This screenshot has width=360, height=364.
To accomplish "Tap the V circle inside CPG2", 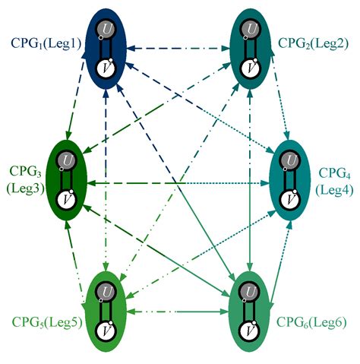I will (x=247, y=69).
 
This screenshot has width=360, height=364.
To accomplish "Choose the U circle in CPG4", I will (x=287, y=162).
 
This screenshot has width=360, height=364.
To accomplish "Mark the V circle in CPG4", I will (x=287, y=198).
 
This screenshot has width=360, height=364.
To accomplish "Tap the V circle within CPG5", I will (x=105, y=331).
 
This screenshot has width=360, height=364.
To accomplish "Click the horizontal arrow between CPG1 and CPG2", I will (x=175, y=49).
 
